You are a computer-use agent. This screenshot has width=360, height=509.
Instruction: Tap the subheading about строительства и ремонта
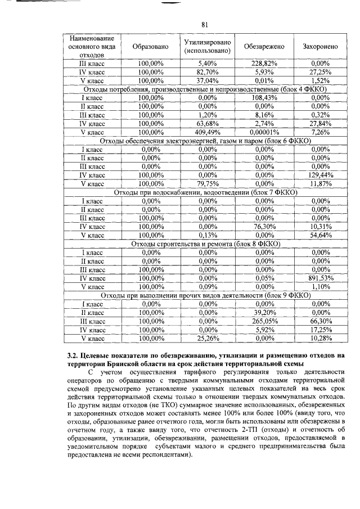pyautogui.click(x=205, y=244)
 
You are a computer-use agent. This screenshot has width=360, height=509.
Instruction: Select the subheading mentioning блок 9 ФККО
pyautogui.click(x=205, y=295)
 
